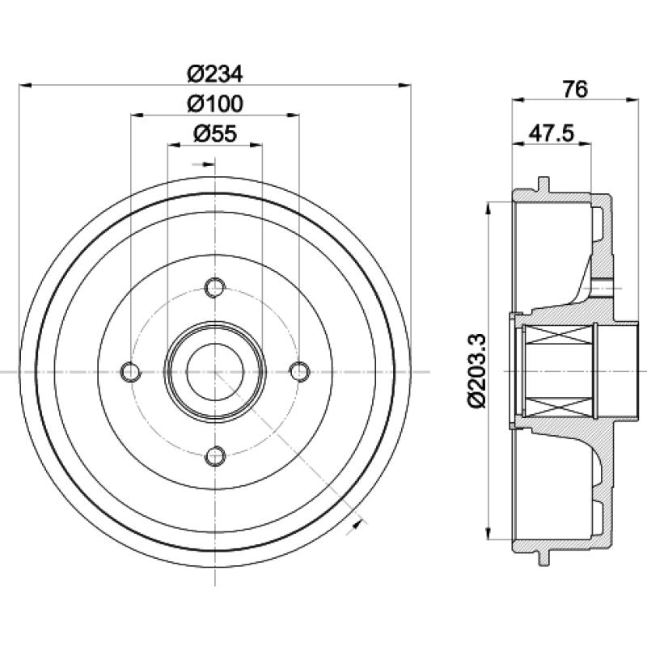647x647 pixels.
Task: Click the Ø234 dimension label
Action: click(215, 74)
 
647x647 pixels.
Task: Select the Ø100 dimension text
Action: click(215, 104)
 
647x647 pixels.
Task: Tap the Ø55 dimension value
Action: click(215, 133)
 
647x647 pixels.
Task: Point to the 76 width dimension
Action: click(575, 89)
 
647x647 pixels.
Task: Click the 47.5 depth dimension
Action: click(552, 133)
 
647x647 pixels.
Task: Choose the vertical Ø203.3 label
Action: click(478, 371)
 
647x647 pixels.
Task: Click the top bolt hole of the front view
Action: click(215, 288)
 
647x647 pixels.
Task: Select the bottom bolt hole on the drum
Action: click(215, 456)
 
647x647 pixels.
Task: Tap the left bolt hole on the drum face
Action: click(131, 372)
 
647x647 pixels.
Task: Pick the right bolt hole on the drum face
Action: click(299, 372)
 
